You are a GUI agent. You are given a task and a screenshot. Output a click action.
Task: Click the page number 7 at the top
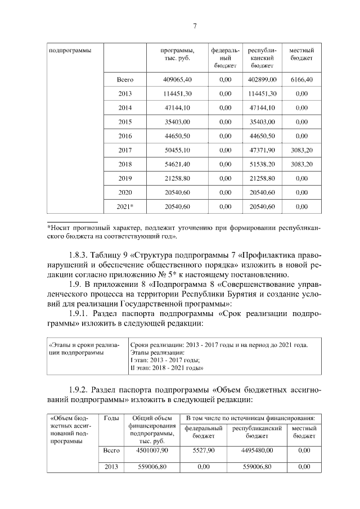click(195, 26)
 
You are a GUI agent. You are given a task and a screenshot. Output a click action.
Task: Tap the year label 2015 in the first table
click(125, 121)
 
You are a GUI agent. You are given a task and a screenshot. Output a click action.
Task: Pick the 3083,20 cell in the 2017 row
click(301, 150)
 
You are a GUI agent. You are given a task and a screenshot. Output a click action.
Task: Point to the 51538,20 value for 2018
click(262, 164)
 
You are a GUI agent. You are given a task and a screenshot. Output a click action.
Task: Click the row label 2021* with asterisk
click(125, 206)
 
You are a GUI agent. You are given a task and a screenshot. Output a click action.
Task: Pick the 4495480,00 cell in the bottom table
click(256, 451)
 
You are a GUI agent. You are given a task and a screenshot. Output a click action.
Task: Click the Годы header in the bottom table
click(111, 418)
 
